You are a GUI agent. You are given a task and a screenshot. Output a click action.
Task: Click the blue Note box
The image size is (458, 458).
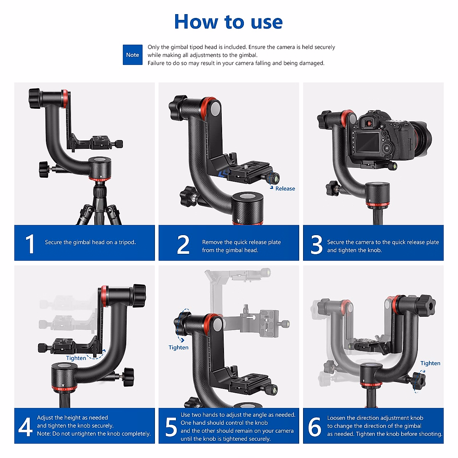[x=132, y=55]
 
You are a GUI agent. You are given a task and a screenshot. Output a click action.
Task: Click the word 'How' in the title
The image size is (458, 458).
[x=196, y=22]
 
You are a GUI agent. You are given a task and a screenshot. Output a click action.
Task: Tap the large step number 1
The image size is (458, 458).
[x=30, y=244]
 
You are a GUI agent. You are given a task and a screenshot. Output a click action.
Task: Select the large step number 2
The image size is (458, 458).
[x=183, y=244]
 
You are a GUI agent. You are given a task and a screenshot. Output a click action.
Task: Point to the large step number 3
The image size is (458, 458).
[x=316, y=245]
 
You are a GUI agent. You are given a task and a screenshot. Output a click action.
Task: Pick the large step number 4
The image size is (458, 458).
[x=25, y=427]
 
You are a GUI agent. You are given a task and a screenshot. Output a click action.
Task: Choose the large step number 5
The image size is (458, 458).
[x=171, y=427]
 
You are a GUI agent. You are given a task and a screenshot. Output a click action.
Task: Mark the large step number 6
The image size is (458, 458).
[x=314, y=427]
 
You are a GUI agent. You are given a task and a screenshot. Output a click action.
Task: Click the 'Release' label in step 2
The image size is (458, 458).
[x=285, y=189]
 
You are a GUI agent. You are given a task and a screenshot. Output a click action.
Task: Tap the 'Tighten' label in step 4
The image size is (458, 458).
[x=76, y=358]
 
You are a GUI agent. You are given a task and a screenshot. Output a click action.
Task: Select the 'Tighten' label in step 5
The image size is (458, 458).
[x=178, y=347]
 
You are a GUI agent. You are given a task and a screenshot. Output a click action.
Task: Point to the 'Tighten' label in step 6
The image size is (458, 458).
[x=430, y=363]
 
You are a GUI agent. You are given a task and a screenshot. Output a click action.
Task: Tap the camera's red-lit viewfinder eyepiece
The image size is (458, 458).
[x=369, y=123]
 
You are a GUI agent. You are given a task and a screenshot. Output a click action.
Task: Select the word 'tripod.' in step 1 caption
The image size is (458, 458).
[x=127, y=242]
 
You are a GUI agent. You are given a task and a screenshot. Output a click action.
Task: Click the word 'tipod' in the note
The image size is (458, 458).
[x=196, y=47]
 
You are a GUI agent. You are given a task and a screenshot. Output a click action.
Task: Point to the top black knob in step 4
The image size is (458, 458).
[x=139, y=295]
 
